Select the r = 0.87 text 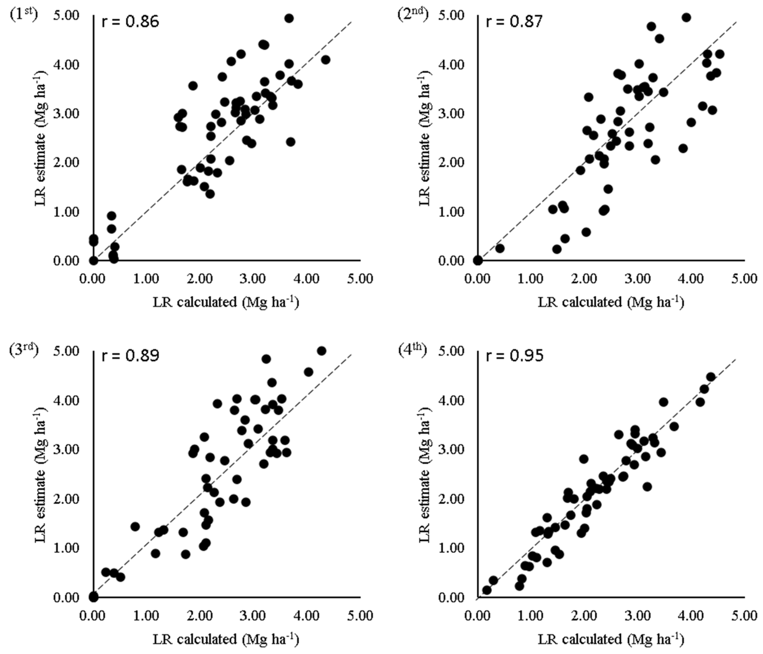click(514, 22)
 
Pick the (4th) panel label click(412, 351)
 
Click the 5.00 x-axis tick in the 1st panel click(360, 278)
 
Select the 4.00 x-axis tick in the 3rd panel click(307, 615)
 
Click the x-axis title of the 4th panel click(611, 639)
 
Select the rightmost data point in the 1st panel click(325, 60)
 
